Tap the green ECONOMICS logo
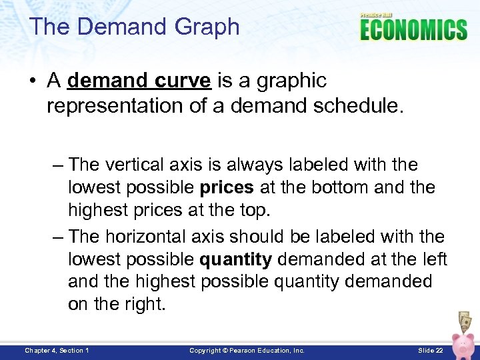[x=413, y=30]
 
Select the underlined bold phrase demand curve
[x=139, y=81]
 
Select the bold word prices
[x=227, y=188]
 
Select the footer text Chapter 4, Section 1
[x=57, y=350]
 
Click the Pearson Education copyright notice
[x=247, y=350]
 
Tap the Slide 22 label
[x=430, y=350]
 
